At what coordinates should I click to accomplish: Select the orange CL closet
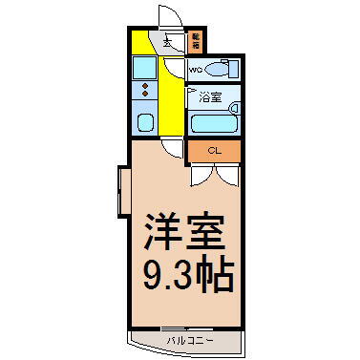(x=215, y=151)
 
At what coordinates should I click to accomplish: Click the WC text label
(x=196, y=70)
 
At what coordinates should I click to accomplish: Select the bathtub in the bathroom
(x=213, y=123)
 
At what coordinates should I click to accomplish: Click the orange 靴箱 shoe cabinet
(x=195, y=42)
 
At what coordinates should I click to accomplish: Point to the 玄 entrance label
(x=167, y=42)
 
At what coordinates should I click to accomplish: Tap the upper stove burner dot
(x=145, y=87)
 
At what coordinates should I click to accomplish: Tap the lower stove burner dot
(x=145, y=95)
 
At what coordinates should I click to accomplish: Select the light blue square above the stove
(x=145, y=67)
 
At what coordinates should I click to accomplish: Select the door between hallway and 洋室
(x=172, y=146)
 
